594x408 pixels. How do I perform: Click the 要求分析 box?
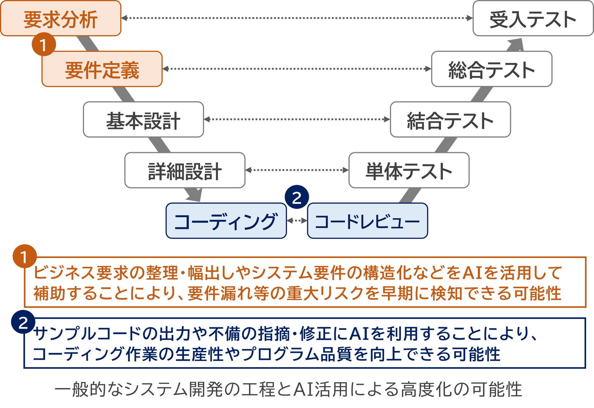pos(61,19)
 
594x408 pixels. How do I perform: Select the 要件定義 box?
pos(102,69)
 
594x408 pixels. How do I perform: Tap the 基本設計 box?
pos(143,120)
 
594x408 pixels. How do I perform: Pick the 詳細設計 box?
pos(185,170)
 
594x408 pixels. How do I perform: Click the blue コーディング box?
pos(226,221)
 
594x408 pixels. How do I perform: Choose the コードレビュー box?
pos(367,221)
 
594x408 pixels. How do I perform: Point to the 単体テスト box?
pos(409,170)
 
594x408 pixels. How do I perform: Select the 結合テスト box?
pos(450,120)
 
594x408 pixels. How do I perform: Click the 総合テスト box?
pos(492,69)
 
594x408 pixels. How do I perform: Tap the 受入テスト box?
pos(533,19)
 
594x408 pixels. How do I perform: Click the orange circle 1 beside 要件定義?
pos(44,45)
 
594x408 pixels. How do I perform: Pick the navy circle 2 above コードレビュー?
pos(297,197)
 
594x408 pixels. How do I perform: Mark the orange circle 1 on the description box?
pos(24,256)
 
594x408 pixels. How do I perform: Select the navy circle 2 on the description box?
pos(23,322)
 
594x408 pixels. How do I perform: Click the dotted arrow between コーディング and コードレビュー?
pos(297,220)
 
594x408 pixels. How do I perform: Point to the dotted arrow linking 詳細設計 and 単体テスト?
pos(297,170)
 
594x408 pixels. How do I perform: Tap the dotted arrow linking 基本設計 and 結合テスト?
pos(297,119)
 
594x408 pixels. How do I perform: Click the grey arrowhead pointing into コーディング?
pos(195,195)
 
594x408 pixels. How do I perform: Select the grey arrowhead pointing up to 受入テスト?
pos(516,45)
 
